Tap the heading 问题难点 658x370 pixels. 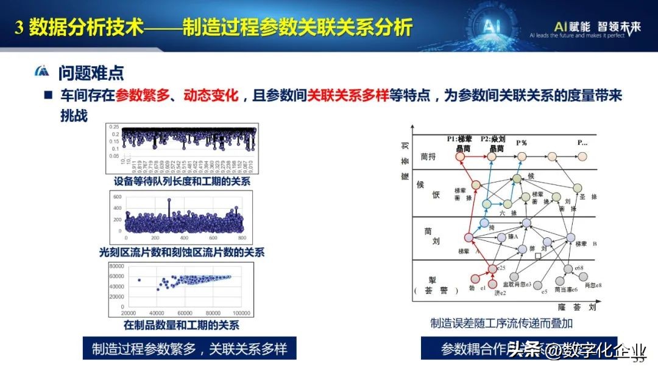(91, 74)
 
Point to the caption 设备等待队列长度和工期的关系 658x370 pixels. (182, 181)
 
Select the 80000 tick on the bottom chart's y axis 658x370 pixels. (116, 266)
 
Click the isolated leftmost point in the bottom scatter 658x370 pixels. (139, 281)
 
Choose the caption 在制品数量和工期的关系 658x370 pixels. (181, 325)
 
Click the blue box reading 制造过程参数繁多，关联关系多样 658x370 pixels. (189, 349)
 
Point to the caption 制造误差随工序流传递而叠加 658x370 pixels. (501, 323)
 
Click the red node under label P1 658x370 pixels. (461, 156)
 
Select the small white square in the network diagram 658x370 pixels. (538, 256)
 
